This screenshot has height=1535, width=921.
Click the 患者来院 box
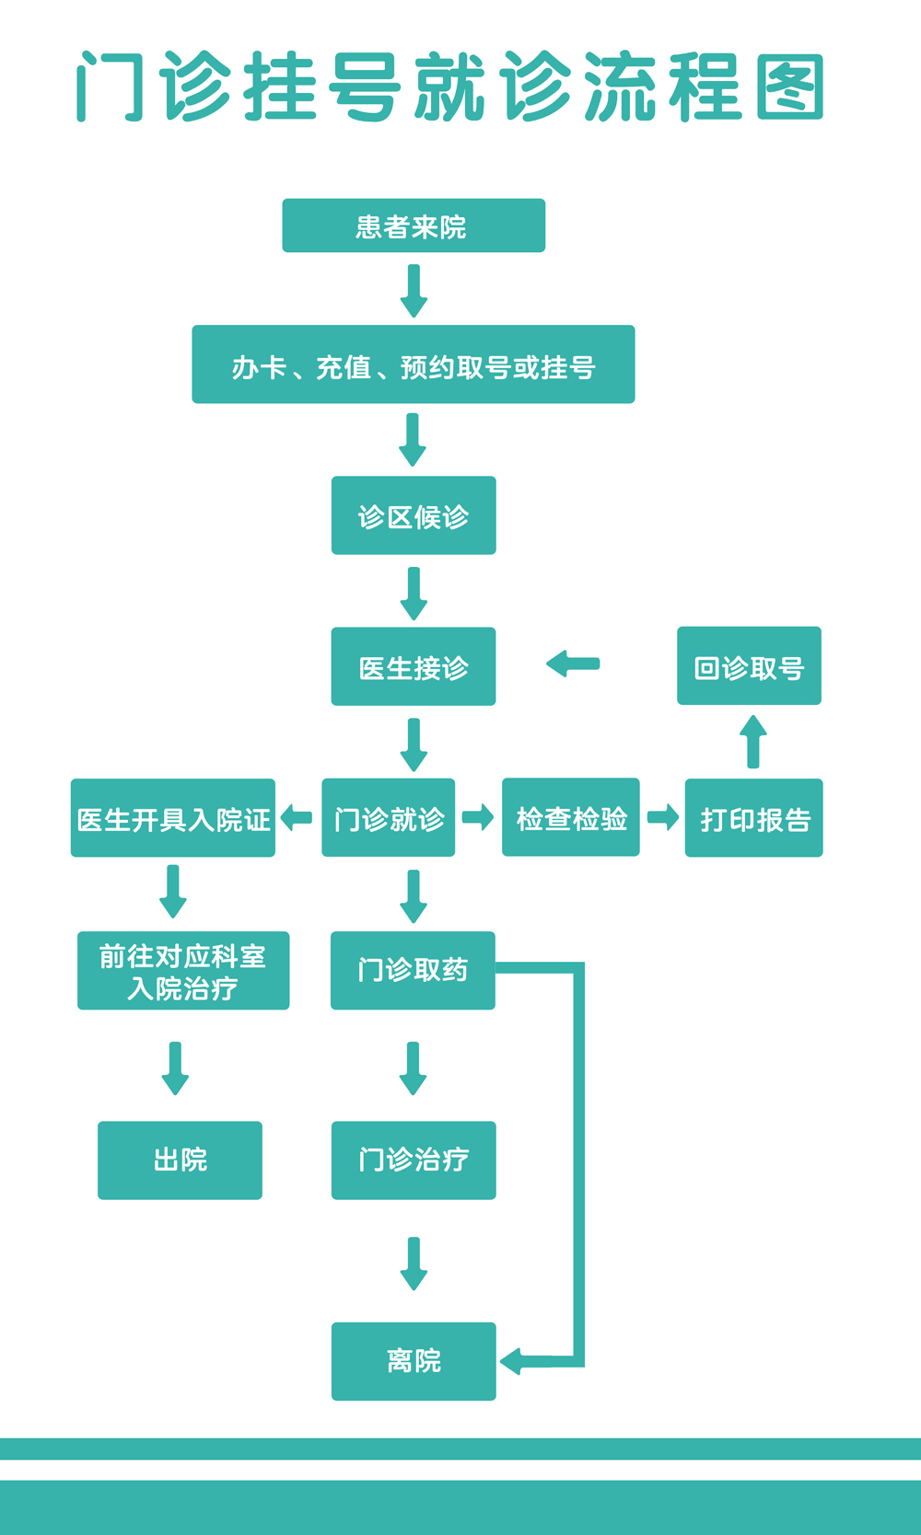[414, 225]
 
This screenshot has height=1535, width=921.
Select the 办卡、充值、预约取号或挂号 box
[414, 364]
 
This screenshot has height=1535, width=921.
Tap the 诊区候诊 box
[414, 515]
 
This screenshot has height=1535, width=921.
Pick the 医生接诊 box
[414, 666]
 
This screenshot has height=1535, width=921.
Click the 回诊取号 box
[749, 666]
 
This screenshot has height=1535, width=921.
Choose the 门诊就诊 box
[388, 817]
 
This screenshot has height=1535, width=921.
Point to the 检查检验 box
[570, 817]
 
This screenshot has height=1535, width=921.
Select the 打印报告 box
[753, 818]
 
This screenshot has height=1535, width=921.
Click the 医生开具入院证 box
[173, 818]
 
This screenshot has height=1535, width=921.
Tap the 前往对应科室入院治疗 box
[183, 971]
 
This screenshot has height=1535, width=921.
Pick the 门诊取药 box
[413, 971]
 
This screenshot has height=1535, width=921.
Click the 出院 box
[180, 1160]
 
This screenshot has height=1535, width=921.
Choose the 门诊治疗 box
[414, 1160]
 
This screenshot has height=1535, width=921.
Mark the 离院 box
[414, 1361]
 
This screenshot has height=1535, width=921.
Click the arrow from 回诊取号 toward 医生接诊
[573, 664]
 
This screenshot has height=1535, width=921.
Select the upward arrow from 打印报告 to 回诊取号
[753, 741]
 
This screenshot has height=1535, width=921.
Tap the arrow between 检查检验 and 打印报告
[663, 817]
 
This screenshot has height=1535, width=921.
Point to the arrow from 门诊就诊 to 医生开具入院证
[296, 817]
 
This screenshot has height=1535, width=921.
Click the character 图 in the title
[789, 87]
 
